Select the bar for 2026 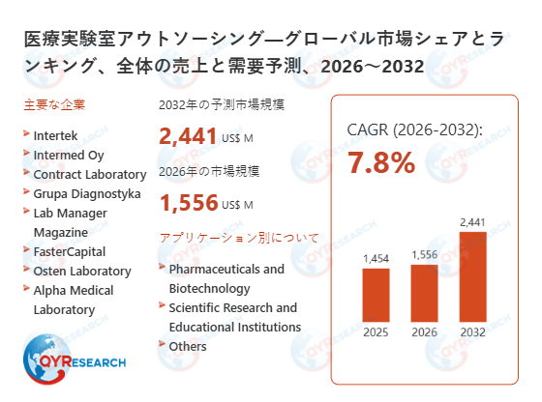coord(424,294)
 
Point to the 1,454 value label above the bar coord(376,259)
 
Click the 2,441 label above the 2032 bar coord(471,223)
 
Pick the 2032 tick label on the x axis coord(471,333)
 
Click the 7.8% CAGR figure coord(381,162)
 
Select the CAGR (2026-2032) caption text coord(414,129)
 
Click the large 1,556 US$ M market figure coord(205,204)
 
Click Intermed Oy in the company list coord(69,155)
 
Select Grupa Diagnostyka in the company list coord(87,193)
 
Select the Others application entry coord(188,346)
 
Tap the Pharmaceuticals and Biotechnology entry coord(226,278)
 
